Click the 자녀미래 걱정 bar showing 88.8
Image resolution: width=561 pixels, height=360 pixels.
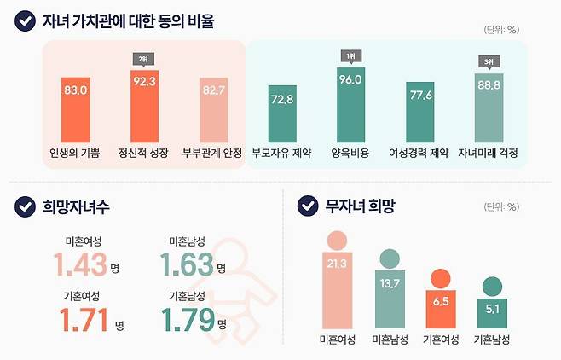click(x=489, y=107)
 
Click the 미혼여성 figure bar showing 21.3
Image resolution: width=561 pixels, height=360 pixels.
click(x=337, y=286)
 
